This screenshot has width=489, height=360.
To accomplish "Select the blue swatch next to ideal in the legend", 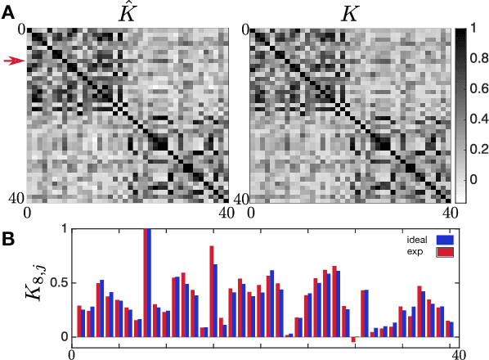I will (445, 240).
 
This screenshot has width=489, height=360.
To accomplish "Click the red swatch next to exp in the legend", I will (445, 252).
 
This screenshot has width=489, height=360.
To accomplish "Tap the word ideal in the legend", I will (418, 240).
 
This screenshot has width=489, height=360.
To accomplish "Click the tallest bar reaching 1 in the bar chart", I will (147, 282).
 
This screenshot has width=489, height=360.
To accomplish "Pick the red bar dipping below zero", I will (353, 339).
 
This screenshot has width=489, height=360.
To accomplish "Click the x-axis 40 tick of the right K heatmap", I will (449, 213).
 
